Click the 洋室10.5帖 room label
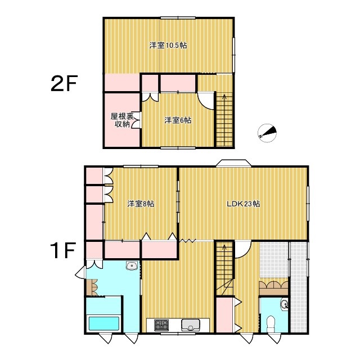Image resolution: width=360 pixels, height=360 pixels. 168,45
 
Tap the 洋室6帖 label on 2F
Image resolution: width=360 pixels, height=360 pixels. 178,120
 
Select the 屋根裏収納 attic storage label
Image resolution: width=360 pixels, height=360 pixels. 122,120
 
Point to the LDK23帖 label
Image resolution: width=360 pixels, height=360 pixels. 244,204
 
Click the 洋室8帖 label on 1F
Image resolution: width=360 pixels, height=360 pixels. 141,204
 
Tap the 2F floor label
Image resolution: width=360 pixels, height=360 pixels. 64,83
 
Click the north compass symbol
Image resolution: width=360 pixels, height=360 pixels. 267,133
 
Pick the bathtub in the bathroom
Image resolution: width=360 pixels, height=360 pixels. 104,324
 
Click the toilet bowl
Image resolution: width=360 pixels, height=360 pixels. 271,324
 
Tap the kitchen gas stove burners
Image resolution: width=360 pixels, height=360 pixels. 161,325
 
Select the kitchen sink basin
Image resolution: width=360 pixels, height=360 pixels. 191,325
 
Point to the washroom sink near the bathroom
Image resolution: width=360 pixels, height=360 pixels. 132,266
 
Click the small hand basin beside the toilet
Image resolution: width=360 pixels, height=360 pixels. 284,305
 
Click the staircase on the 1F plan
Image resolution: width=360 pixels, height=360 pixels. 224,268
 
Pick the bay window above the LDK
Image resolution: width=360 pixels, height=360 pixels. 233,163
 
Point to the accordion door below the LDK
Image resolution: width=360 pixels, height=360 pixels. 187,241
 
